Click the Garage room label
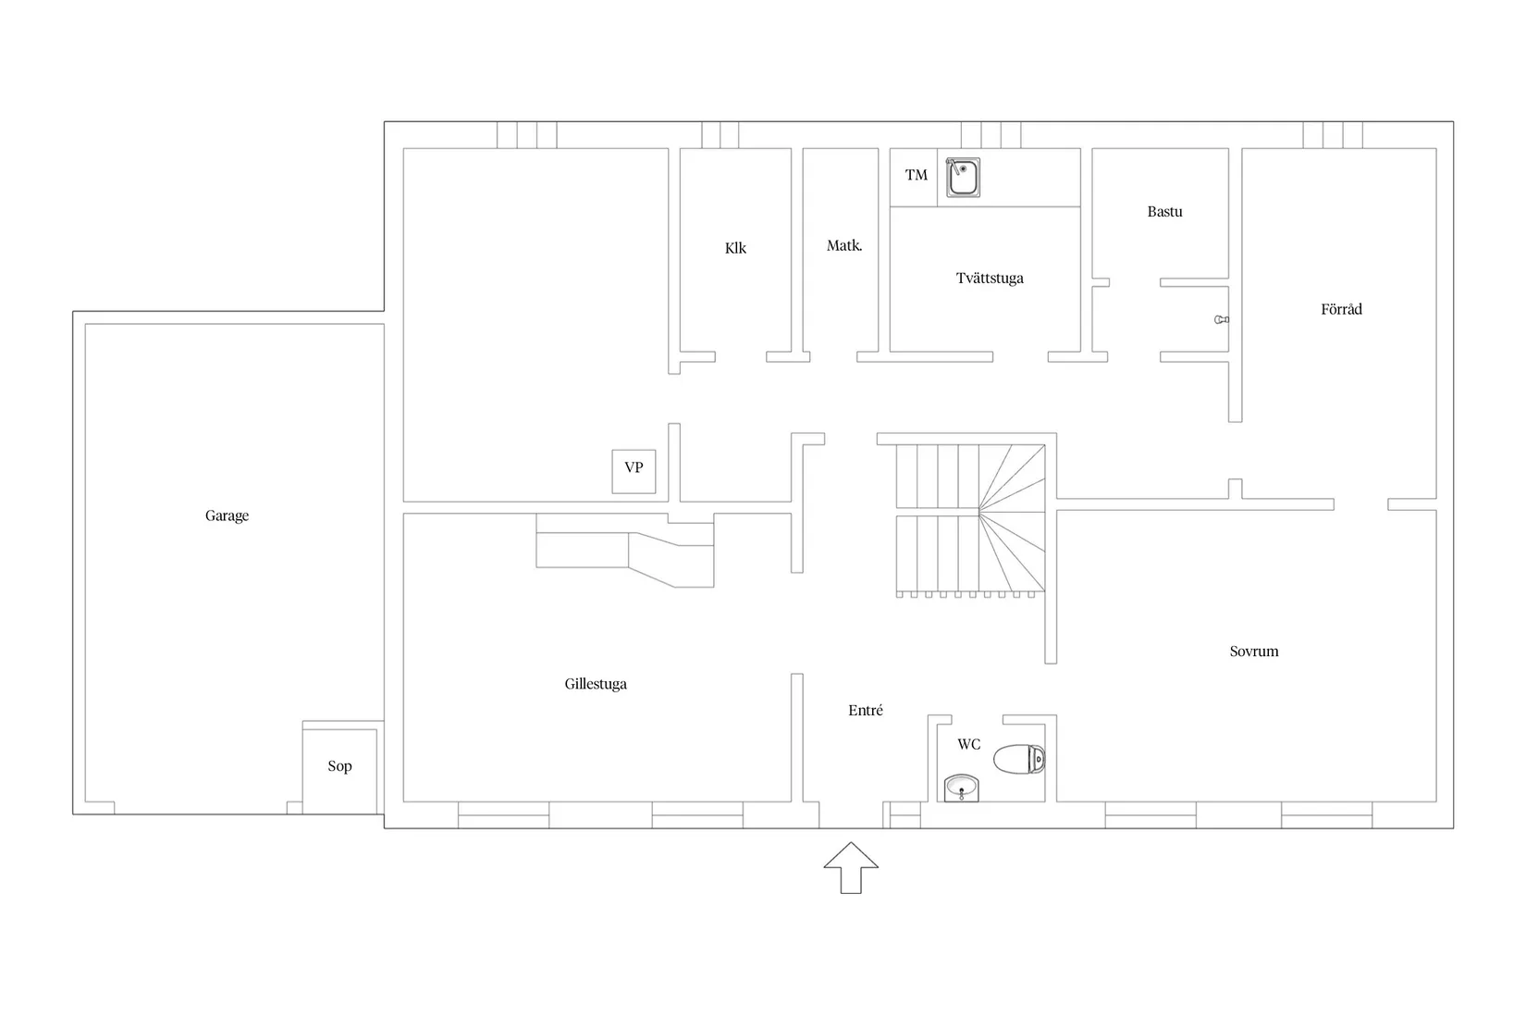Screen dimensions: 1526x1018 click(x=227, y=515)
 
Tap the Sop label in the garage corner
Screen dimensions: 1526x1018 click(x=339, y=765)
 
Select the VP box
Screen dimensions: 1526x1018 click(x=634, y=471)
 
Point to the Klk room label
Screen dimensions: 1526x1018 click(x=735, y=247)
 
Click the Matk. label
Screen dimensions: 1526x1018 click(x=844, y=245)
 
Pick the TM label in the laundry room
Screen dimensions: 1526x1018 click(x=917, y=175)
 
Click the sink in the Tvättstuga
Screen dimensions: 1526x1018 click(x=963, y=178)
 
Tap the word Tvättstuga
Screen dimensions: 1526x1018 click(x=990, y=279)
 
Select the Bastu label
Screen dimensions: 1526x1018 click(x=1164, y=211)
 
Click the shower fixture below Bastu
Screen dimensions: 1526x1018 click(x=1222, y=319)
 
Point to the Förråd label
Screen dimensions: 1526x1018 click(x=1341, y=309)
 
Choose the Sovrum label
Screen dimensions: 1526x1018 click(x=1253, y=652)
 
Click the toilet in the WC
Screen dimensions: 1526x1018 click(x=1019, y=759)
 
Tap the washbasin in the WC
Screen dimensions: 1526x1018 click(x=961, y=788)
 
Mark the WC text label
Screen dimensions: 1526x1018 click(x=968, y=744)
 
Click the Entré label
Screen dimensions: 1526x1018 click(x=865, y=711)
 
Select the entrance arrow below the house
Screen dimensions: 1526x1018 click(x=851, y=867)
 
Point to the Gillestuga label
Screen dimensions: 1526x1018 click(x=596, y=684)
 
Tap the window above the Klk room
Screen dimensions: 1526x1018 click(x=720, y=135)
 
